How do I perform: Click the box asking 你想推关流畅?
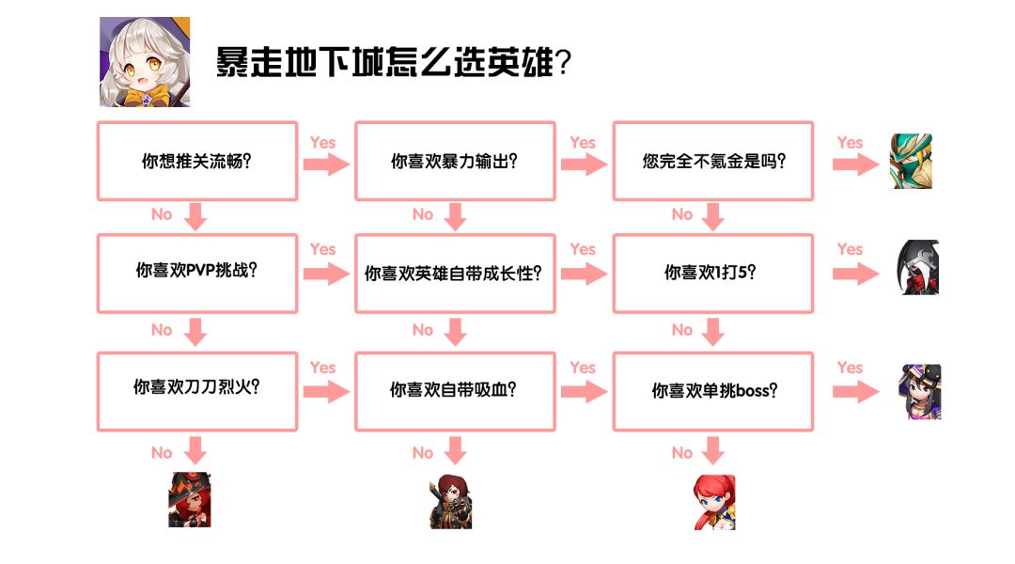click(x=197, y=161)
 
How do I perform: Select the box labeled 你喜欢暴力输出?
click(x=455, y=161)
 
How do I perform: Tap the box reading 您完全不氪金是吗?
click(x=713, y=161)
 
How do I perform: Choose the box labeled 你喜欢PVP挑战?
click(x=197, y=273)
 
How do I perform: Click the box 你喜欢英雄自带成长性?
click(x=455, y=273)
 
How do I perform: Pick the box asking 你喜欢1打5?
click(x=713, y=273)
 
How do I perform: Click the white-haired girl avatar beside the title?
click(x=145, y=62)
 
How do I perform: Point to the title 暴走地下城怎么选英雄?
click(x=394, y=63)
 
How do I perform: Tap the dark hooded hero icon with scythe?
click(x=915, y=268)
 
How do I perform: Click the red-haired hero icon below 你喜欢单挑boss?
click(x=714, y=502)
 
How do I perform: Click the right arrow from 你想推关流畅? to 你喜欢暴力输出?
click(x=326, y=164)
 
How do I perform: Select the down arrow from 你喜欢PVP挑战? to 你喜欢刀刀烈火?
click(x=195, y=332)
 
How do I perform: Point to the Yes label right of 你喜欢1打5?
click(x=850, y=249)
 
